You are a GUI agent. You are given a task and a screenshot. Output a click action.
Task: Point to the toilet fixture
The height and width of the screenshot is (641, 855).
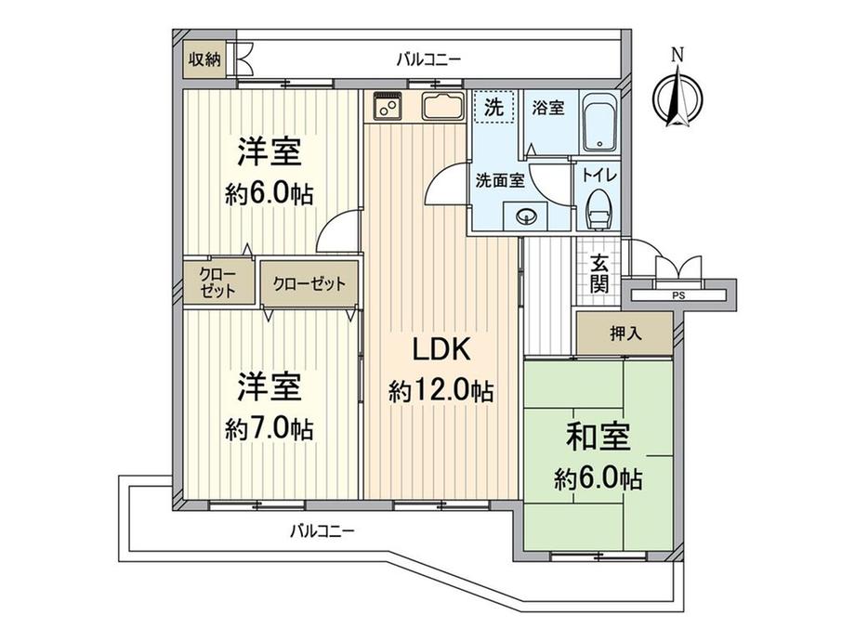tap(598, 209)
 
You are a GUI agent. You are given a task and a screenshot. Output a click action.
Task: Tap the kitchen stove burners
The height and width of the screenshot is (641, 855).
tap(388, 110)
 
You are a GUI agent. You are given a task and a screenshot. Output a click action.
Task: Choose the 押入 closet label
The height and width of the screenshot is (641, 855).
tap(623, 333)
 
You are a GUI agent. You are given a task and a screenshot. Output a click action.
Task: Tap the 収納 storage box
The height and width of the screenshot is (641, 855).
tap(205, 60)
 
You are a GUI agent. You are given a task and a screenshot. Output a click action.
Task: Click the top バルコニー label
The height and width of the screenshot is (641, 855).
tap(428, 60)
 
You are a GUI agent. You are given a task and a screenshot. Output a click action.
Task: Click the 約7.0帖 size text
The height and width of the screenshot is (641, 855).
tap(269, 428)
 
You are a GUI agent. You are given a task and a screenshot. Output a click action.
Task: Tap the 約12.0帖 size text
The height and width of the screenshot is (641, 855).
tap(441, 391)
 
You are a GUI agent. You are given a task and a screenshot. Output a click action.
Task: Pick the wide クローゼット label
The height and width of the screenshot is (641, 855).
tap(309, 283)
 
